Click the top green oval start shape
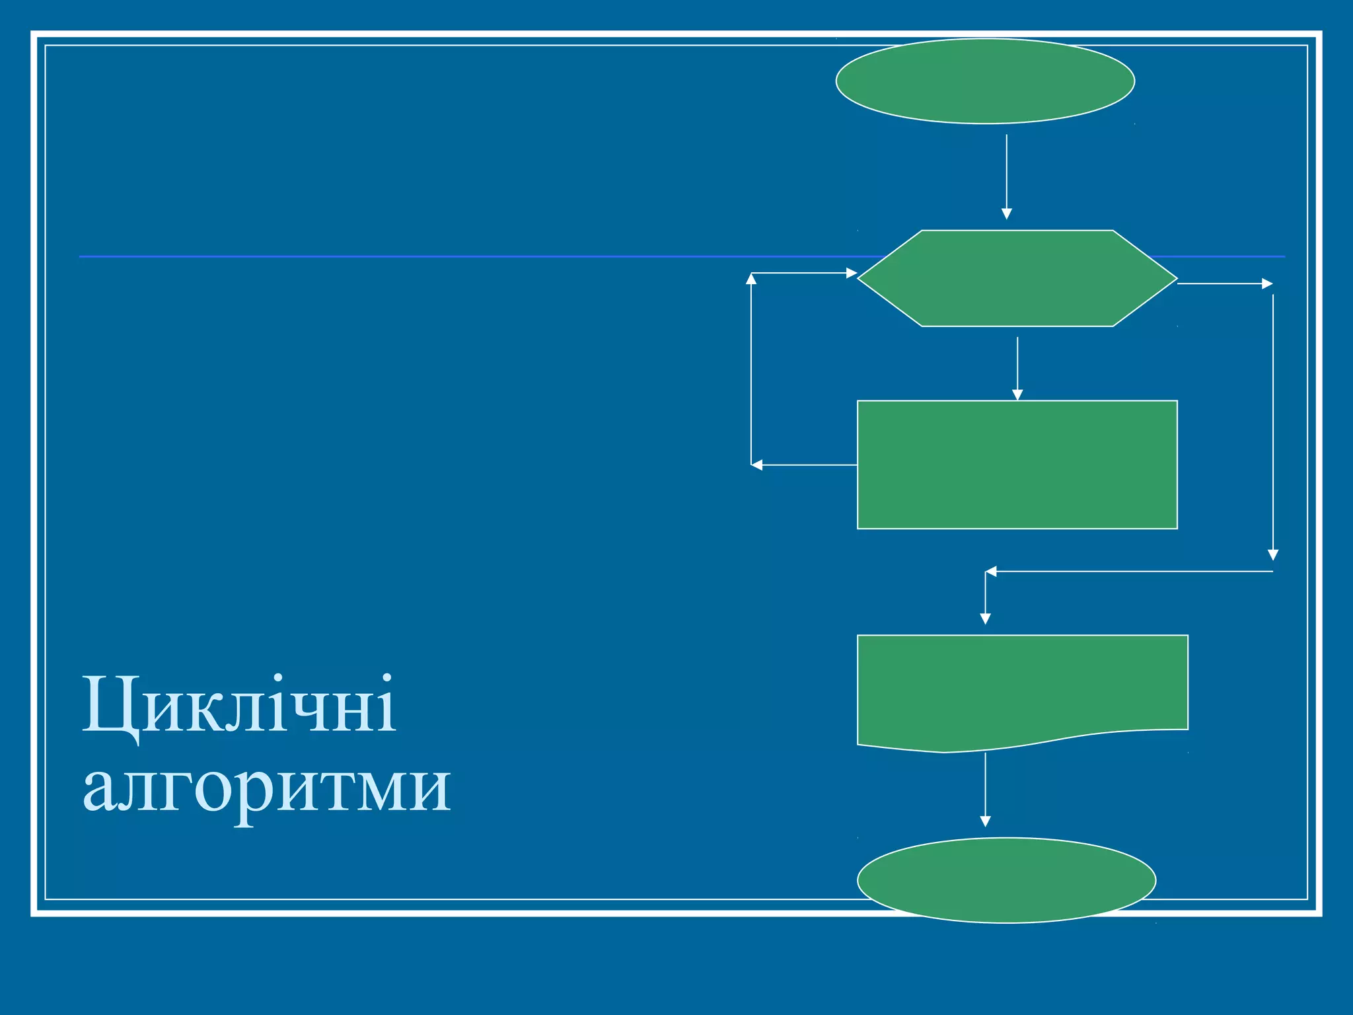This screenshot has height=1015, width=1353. pos(985,81)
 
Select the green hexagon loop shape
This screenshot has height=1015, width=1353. pos(1017,278)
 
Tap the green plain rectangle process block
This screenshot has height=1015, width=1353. pos(1017,465)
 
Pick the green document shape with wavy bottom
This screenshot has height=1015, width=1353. pos(1022,687)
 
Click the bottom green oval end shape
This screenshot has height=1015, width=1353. pos(1006,880)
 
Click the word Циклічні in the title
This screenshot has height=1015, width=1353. pos(239,706)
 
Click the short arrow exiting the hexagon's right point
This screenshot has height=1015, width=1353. pos(1225,283)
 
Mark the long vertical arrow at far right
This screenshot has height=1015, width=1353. pos(1273,427)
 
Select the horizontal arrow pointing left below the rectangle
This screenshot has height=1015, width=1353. pos(1129,571)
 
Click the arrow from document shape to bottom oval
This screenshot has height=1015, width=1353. pos(985,790)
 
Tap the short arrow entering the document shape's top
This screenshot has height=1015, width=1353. pos(985,598)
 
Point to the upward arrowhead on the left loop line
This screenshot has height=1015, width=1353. pos(751,279)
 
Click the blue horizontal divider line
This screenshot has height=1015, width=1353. pos(462,256)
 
